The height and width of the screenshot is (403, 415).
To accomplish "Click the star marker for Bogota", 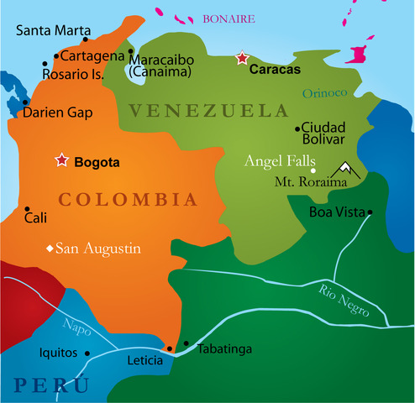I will (x=61, y=160).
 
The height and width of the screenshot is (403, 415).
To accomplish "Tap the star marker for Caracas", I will (x=242, y=58).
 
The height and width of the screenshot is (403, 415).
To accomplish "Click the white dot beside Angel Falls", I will (x=313, y=170).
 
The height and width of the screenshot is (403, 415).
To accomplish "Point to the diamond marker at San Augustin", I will (x=50, y=248).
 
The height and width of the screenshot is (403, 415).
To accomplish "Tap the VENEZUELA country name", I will (x=208, y=110).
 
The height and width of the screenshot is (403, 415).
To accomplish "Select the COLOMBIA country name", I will (x=128, y=200).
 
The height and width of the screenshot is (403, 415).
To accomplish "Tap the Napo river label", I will (x=77, y=327).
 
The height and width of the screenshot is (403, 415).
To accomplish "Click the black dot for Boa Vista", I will (x=370, y=212).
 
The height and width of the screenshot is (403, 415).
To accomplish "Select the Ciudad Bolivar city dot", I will (x=297, y=128).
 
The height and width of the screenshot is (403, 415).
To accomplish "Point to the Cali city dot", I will (x=28, y=210).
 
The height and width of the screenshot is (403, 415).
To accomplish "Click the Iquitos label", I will (x=58, y=353).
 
